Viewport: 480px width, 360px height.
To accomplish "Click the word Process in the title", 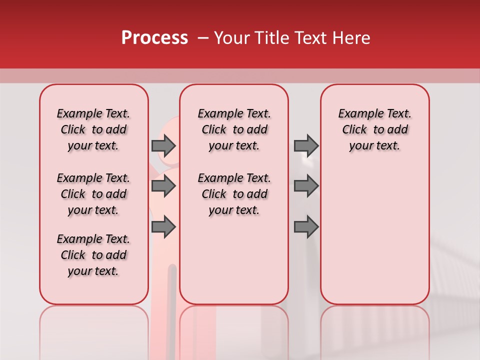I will coord(154,38).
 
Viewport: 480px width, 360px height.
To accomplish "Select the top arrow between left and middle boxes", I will coord(163,145).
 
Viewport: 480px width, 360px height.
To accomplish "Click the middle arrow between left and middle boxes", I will coord(163,186).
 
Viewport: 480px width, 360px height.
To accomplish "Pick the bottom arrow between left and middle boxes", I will coord(163,227).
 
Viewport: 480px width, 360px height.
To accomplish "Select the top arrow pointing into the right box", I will coord(306,145).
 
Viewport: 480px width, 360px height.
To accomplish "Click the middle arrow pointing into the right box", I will coord(306,186).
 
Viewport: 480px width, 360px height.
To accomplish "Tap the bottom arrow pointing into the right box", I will coord(306,227).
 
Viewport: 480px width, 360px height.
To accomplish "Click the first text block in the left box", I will coord(93,129).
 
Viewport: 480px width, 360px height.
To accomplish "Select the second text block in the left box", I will coord(93,194).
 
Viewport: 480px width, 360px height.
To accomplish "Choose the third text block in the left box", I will coord(93,255).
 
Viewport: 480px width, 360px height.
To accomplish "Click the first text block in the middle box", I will coord(234,129).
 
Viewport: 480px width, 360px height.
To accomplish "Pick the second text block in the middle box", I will coord(234,194).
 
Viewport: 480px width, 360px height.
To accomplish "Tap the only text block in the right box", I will coord(374,129).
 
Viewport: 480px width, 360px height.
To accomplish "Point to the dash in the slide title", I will coord(203,38).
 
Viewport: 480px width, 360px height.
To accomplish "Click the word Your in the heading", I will coord(232,38).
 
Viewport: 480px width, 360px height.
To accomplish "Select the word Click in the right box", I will coord(354,130).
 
